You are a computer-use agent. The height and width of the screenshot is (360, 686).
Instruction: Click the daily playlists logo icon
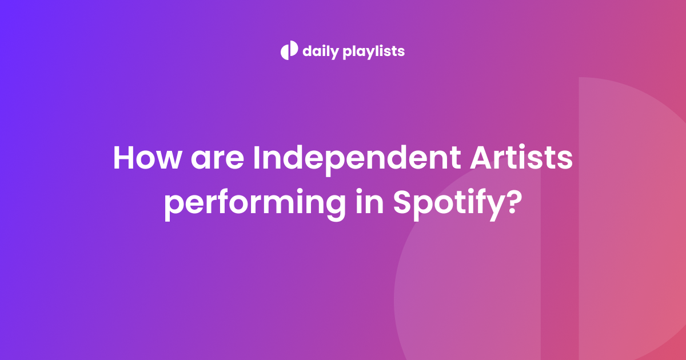[x=289, y=50]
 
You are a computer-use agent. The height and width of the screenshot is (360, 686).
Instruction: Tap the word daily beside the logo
[x=321, y=51]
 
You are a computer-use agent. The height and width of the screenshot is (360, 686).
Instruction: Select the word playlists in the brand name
[x=374, y=51]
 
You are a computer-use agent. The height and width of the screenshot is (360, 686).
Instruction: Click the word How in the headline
[x=147, y=158]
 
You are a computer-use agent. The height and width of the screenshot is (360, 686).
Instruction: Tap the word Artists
[x=521, y=157]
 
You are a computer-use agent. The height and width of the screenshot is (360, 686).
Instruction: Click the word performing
[x=255, y=205]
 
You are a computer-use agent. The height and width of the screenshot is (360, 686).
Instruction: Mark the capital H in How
[x=123, y=158]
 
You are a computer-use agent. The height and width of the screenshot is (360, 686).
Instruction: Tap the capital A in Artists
[x=482, y=157]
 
